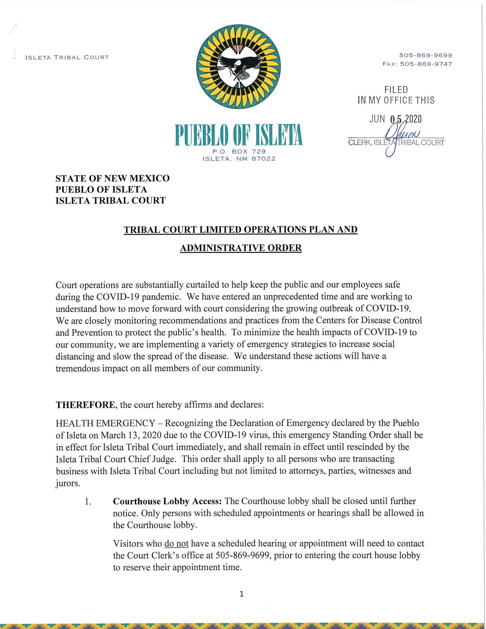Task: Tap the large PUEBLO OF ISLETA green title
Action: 239,135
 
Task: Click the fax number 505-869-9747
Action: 426,64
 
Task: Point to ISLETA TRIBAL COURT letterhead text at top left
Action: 67,57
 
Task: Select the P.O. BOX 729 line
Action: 239,151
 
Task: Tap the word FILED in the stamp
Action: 396,90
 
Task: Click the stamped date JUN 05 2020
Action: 395,119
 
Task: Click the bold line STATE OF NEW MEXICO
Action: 112,178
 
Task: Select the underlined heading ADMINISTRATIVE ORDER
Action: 241,248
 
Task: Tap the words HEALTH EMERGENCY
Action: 105,423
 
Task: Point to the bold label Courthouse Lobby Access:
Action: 167,501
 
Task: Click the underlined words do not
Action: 176,544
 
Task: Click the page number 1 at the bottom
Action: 241,594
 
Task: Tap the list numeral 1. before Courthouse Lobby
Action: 88,501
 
